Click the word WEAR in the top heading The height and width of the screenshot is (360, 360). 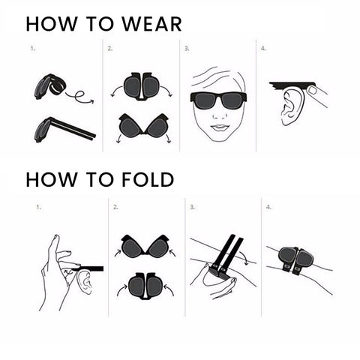(151, 24)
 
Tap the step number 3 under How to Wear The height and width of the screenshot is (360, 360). (187, 49)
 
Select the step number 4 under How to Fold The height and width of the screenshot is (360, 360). (268, 207)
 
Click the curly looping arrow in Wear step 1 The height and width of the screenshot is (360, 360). (80, 97)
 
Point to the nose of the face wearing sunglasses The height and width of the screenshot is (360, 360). (220, 115)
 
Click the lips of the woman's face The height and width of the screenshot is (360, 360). (220, 127)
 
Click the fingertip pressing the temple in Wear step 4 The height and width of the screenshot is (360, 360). (311, 89)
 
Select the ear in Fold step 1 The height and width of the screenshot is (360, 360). (85, 282)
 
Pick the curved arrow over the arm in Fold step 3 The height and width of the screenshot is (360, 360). (244, 258)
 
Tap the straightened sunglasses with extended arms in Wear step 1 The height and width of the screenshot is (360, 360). (64, 130)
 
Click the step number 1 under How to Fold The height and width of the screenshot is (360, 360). (38, 207)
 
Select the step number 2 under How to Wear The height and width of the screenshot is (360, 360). (110, 49)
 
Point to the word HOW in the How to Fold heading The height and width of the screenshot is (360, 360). (52, 179)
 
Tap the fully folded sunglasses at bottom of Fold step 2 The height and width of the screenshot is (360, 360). (145, 286)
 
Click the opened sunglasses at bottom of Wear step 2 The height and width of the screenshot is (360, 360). (143, 126)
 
